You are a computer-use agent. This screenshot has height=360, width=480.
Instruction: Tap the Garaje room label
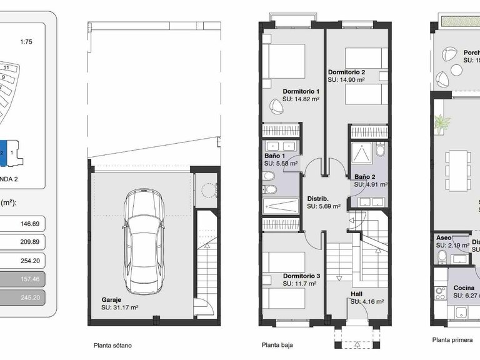point(113,299)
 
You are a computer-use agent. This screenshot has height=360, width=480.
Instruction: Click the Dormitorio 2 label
point(347,72)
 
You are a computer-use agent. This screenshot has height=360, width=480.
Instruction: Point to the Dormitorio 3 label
point(301,276)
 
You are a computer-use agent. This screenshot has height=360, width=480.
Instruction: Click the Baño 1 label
point(275,156)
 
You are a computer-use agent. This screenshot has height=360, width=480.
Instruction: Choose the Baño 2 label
point(365,177)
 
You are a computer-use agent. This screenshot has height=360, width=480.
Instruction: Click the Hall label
point(356,293)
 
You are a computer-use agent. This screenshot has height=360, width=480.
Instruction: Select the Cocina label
point(464,288)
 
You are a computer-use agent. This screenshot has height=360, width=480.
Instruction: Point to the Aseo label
point(443,238)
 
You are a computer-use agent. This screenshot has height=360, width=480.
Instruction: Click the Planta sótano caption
point(112,345)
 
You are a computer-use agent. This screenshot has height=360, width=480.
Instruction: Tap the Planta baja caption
point(277,344)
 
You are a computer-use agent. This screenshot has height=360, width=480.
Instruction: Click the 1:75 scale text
point(26,42)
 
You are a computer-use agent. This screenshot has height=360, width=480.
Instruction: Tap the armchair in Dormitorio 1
point(276,105)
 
